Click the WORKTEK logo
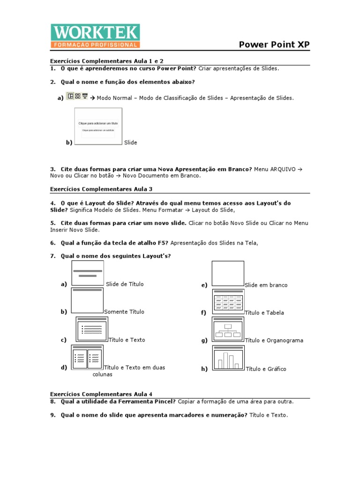click(x=95, y=36)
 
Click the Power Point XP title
click(x=274, y=45)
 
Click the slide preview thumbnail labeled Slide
click(x=98, y=127)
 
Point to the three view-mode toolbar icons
click(x=78, y=96)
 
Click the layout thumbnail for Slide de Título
click(x=88, y=273)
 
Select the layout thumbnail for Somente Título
click(x=87, y=300)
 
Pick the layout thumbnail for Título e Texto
click(x=91, y=329)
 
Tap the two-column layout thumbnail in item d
click(x=87, y=358)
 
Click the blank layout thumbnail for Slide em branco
click(x=228, y=273)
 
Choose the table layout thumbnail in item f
click(x=228, y=301)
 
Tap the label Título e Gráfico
click(x=266, y=369)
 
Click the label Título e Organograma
click(x=274, y=340)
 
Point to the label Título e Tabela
click(x=264, y=313)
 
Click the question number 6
click(x=53, y=243)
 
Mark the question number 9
click(x=53, y=415)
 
